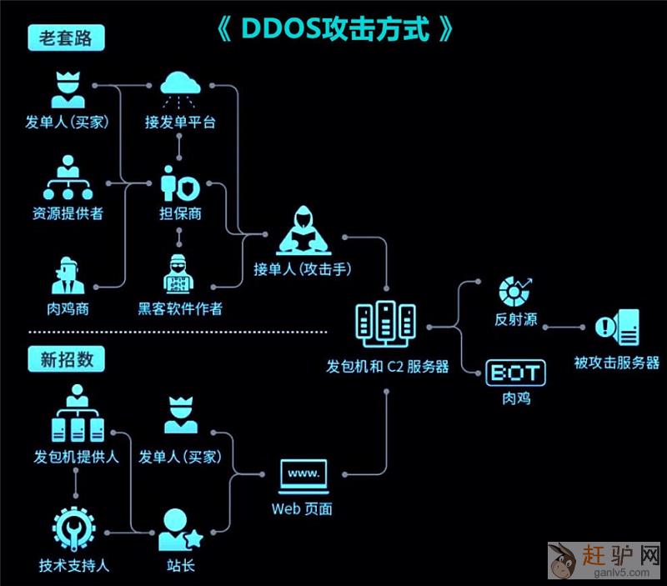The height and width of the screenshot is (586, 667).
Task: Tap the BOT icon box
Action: [515, 373]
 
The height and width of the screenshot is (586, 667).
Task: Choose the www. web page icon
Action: [303, 476]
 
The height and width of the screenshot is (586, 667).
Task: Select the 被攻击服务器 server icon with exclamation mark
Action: [617, 328]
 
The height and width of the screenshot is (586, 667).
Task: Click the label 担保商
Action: [180, 213]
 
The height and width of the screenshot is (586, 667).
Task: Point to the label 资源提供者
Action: [68, 213]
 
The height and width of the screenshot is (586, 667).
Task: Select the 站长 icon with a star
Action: [179, 529]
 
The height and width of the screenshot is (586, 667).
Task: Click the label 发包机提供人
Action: [76, 457]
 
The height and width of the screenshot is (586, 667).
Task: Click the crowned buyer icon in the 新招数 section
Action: [180, 415]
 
